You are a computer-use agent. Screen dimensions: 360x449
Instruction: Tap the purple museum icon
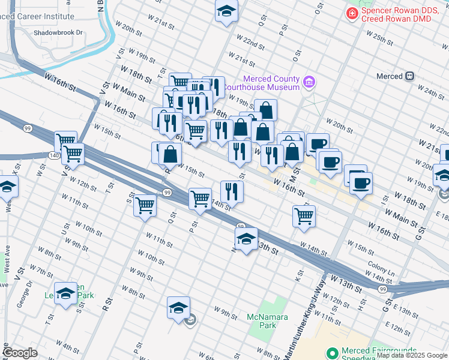click(309, 80)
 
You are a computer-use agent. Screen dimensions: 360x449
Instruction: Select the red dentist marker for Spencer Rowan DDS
click(351, 13)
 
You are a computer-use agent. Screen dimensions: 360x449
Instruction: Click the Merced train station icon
click(410, 76)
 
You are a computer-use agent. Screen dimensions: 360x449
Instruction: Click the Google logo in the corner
click(20, 353)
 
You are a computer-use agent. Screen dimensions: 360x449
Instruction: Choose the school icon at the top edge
click(226, 11)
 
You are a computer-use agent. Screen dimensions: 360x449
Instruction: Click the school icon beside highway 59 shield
click(246, 239)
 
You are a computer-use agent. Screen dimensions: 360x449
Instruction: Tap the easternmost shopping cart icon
click(304, 215)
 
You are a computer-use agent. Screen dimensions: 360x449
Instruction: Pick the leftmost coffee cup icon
click(318, 144)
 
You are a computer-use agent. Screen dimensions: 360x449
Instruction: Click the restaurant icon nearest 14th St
click(231, 191)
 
